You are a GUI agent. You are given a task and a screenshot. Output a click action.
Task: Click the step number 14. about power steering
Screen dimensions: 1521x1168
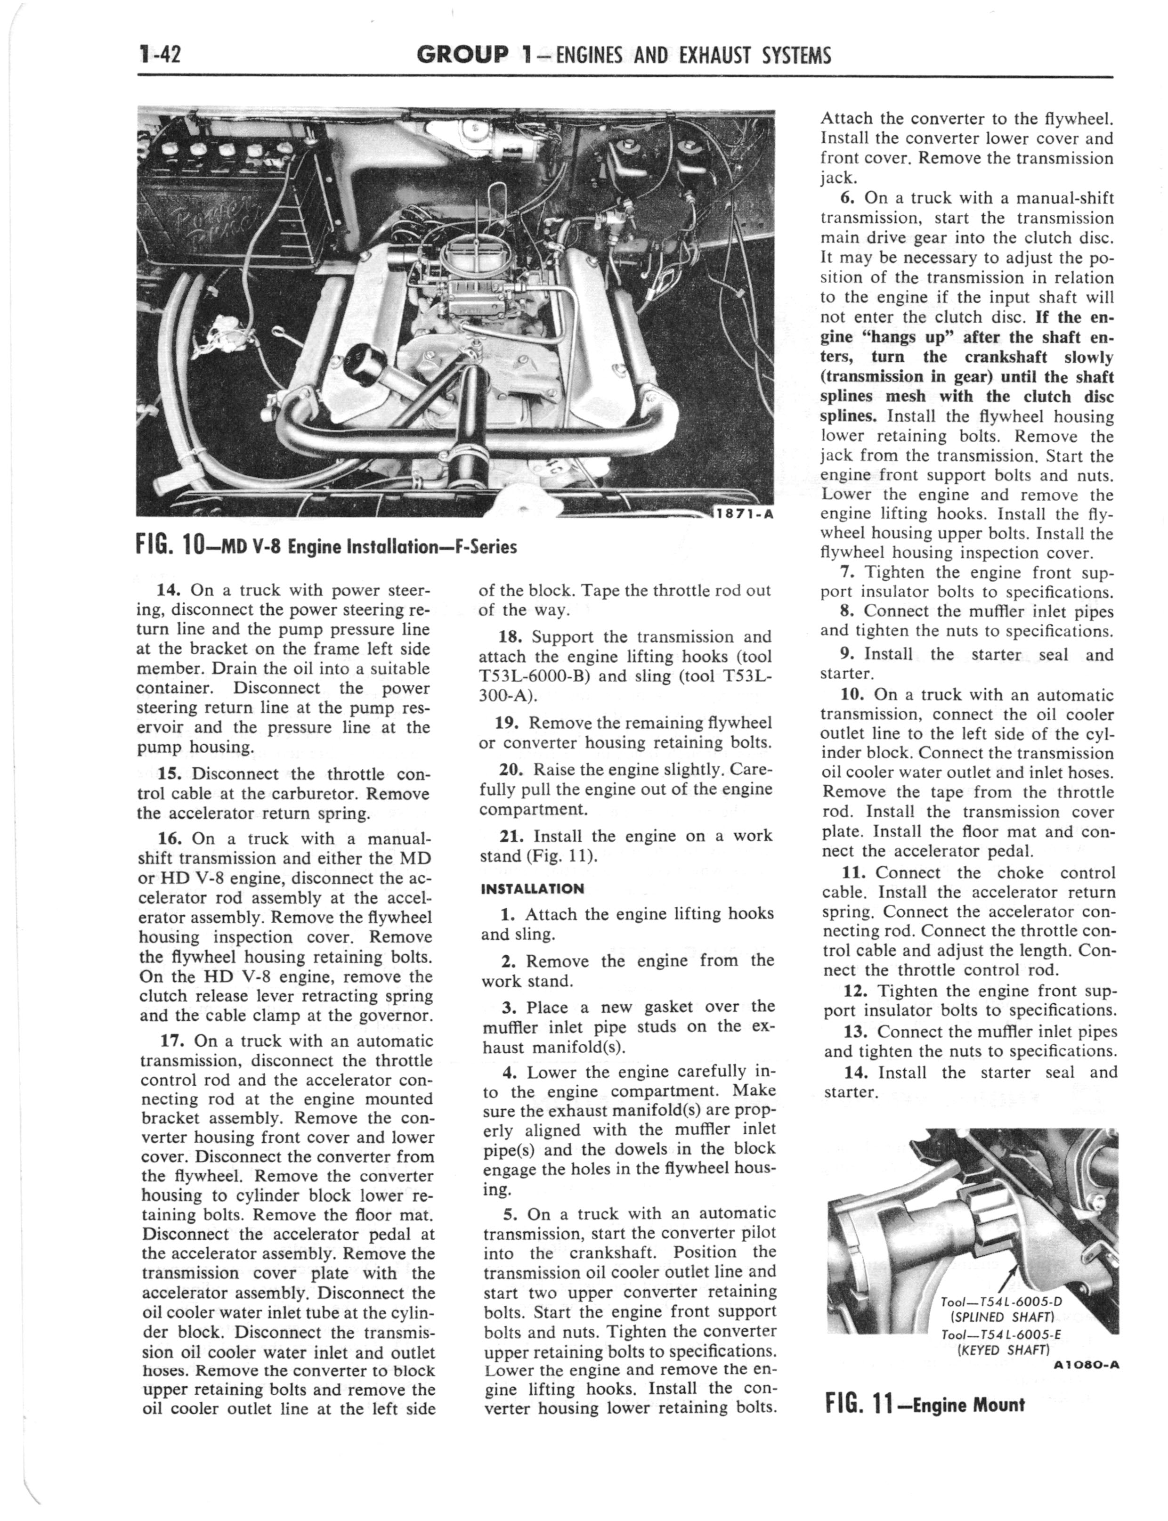click(x=169, y=590)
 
